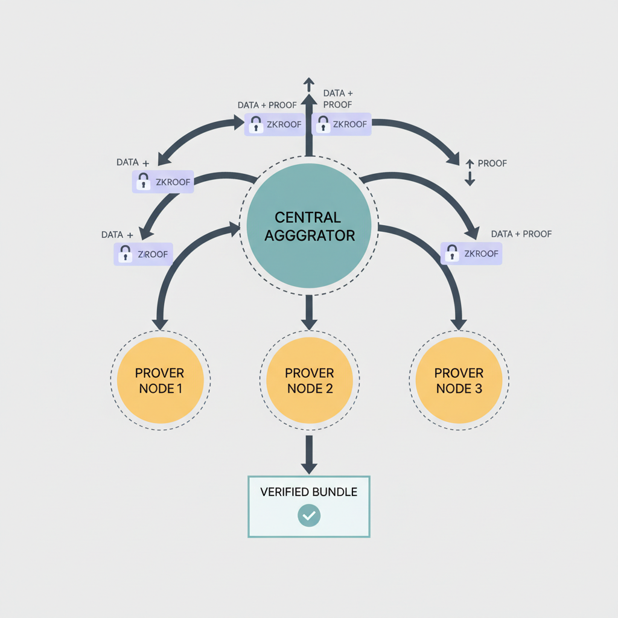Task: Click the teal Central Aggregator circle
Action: tap(308, 225)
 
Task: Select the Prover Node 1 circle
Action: tap(160, 380)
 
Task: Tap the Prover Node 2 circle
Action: tap(309, 380)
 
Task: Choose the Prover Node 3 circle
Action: tap(458, 380)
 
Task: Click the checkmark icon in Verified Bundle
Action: tap(309, 515)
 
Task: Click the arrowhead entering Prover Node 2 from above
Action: tap(309, 323)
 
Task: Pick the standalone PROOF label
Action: tap(492, 164)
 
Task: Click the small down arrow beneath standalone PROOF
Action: tap(470, 180)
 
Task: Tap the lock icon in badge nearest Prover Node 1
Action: tap(126, 254)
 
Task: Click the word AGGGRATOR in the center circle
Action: tap(308, 235)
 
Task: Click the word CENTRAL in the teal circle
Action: tap(308, 217)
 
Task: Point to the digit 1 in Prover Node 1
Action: tap(179, 389)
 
